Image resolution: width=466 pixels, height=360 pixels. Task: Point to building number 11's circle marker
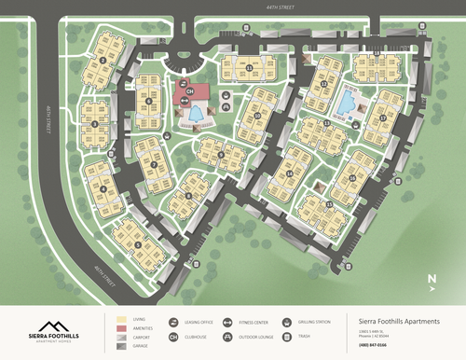(250, 68)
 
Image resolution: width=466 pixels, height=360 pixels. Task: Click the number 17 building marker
(383, 118)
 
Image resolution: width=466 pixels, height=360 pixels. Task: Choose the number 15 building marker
(329, 202)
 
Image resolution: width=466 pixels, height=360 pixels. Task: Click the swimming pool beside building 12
(348, 100)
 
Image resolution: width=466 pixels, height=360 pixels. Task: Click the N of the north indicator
(432, 277)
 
